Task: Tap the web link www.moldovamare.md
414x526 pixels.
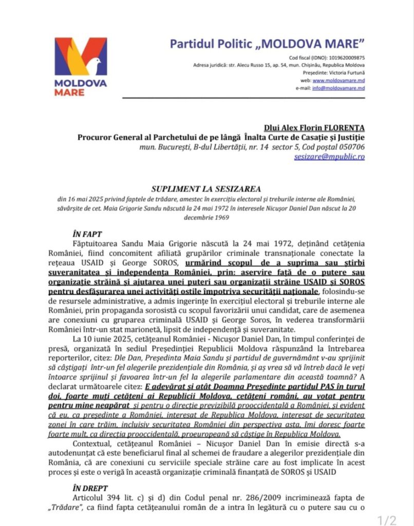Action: [338, 80]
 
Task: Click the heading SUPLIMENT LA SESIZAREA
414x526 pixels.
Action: [206, 188]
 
